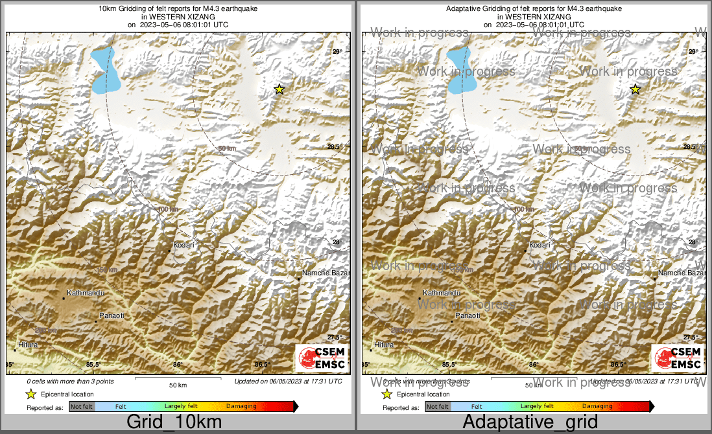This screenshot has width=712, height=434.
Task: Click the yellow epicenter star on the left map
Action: point(279,89)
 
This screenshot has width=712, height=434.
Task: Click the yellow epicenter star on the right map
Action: point(635,89)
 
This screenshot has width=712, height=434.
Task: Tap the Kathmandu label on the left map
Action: point(86,293)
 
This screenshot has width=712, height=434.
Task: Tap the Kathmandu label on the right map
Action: point(442,293)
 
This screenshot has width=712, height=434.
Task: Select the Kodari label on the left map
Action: point(184,246)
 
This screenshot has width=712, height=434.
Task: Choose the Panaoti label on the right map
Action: point(468,315)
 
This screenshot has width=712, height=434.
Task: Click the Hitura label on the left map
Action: point(28,345)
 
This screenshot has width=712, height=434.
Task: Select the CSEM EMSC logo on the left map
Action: point(321,358)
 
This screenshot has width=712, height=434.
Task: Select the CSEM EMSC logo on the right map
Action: point(677,358)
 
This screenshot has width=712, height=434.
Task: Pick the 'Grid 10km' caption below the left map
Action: point(174,422)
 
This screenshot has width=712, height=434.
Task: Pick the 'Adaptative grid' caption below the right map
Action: point(530,422)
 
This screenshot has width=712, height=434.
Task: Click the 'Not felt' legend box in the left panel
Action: point(82,407)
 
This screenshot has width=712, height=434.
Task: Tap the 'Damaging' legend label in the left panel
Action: point(241,406)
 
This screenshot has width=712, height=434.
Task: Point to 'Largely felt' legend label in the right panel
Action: point(537,406)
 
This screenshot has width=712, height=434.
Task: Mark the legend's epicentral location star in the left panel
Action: point(30,394)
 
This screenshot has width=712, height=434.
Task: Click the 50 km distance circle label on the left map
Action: point(227,149)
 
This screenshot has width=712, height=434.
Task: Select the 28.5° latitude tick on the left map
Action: point(335,147)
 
